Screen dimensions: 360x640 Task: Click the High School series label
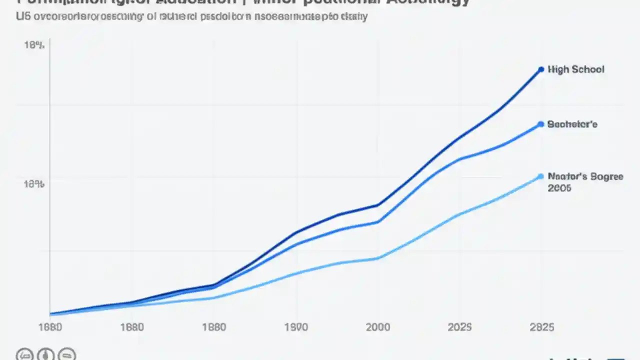coord(575,69)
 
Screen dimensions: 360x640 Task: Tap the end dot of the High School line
coord(540,69)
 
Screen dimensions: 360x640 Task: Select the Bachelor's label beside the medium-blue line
coord(572,124)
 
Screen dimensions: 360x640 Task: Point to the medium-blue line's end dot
coord(540,124)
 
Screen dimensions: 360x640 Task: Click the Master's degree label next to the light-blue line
coord(585,176)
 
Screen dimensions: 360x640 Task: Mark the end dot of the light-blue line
coord(540,176)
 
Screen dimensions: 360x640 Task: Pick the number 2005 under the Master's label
coord(559,188)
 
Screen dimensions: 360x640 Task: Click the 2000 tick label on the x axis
coord(377,327)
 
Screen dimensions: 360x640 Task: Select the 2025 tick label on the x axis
coord(459,327)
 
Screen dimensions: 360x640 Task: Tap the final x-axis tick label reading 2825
coord(541,327)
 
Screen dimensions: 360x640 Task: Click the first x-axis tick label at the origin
coord(50,327)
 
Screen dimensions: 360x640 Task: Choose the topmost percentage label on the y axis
coord(34,45)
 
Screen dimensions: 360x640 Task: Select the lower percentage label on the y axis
coord(34,184)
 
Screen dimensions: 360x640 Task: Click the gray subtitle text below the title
coord(191,16)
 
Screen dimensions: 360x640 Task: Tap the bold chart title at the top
coord(240,2)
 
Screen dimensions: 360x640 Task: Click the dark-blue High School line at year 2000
coord(378,205)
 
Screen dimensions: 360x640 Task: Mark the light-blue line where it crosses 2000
coord(378,258)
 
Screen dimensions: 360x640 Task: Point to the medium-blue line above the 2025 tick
coord(459,159)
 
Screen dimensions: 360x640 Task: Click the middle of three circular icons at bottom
coord(46,354)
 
